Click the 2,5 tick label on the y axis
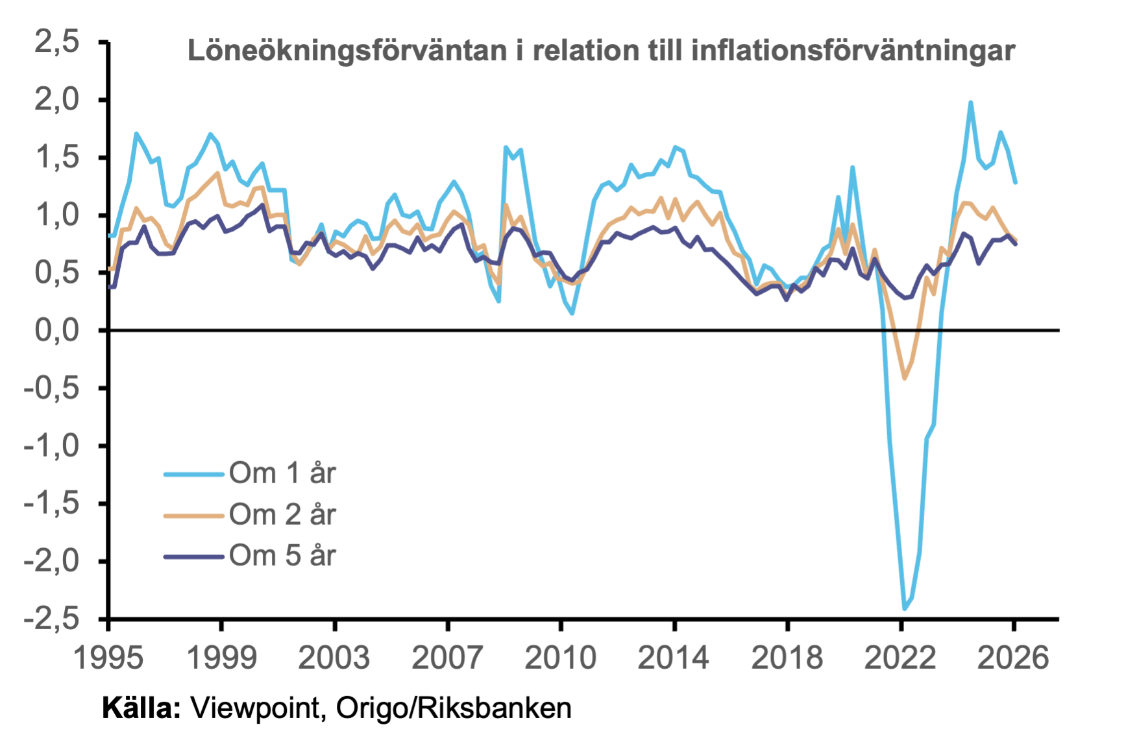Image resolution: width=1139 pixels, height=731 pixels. coord(56,42)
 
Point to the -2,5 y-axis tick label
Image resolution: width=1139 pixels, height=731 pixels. coord(51,619)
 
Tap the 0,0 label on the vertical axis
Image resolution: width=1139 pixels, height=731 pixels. coord(56,331)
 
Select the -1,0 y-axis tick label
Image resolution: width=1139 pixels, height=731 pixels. coord(51,446)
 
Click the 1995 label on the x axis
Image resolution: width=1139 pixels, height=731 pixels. coord(108,658)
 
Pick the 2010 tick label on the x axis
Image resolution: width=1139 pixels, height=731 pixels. coord(561,658)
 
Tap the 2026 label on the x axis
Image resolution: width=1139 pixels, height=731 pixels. coord(1013,658)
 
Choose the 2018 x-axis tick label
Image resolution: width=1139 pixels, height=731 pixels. coord(787,658)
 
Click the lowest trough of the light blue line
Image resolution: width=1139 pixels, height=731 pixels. coord(905,608)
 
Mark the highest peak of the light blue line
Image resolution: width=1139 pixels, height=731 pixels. coord(970,102)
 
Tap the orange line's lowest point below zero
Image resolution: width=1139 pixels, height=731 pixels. coord(905,377)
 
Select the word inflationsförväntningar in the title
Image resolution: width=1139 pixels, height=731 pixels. coord(853,51)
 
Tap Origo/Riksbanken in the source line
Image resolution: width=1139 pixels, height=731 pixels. coord(454,709)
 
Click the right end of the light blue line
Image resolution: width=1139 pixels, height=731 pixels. coord(1016,183)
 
